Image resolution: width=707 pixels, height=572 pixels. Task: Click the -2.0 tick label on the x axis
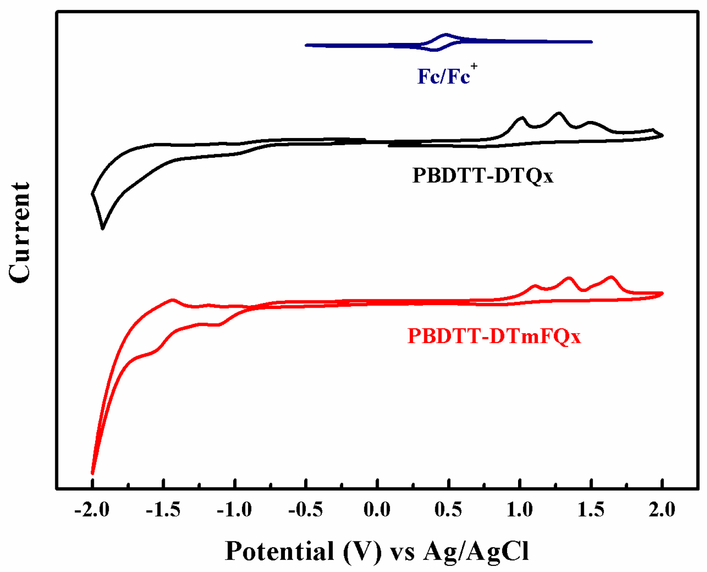(92, 510)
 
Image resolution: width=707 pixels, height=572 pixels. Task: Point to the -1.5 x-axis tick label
(163, 510)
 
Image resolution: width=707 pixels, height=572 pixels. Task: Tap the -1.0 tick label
(234, 510)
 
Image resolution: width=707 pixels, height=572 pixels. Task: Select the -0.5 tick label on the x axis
(306, 510)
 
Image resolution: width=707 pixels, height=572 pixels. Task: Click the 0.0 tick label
(377, 510)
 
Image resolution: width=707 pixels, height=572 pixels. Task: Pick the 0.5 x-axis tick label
(448, 510)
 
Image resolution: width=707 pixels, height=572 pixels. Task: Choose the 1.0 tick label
(519, 510)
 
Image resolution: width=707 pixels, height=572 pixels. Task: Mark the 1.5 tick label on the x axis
(591, 510)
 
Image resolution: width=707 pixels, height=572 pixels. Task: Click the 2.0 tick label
(662, 510)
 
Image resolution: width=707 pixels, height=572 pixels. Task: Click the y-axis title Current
(20, 232)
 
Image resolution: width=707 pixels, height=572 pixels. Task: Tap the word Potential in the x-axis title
(280, 551)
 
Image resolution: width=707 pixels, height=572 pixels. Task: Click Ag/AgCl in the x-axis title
(476, 551)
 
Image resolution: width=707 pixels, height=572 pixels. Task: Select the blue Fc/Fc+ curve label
(446, 76)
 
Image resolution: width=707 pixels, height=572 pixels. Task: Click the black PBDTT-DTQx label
(483, 175)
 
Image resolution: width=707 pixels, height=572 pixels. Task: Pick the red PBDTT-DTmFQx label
(494, 336)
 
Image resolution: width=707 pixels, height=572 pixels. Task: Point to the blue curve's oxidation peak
(446, 34)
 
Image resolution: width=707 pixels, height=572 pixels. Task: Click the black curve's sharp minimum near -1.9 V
(103, 228)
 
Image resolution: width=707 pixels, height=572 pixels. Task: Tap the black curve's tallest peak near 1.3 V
(559, 113)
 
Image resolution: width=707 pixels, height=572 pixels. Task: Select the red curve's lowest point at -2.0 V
(92, 473)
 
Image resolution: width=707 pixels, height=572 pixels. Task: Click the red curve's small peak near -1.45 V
(173, 300)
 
